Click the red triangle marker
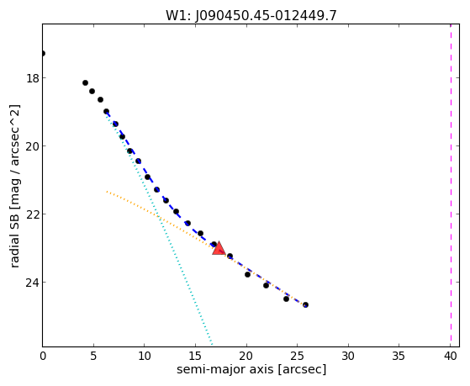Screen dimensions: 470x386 pyautogui.click(x=219, y=248)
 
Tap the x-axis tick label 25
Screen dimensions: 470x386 pyautogui.click(x=297, y=356)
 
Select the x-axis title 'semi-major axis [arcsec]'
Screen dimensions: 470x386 pyautogui.click(x=251, y=370)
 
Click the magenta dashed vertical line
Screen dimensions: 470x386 pyautogui.click(x=451, y=185)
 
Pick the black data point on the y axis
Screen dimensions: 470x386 pyautogui.click(x=43, y=53)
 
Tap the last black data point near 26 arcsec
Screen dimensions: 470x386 pyautogui.click(x=305, y=304)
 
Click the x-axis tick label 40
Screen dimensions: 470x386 pyautogui.click(x=450, y=356)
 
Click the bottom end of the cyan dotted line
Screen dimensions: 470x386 pyautogui.click(x=212, y=344)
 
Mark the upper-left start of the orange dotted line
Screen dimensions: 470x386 pyautogui.click(x=107, y=192)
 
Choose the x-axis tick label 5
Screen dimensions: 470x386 pyautogui.click(x=93, y=356)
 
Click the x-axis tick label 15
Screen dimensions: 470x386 pyautogui.click(x=195, y=356)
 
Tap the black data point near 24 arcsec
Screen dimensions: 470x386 pyautogui.click(x=286, y=299)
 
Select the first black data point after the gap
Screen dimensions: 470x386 pyautogui.click(x=85, y=82)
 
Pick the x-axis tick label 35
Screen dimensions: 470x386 pyautogui.click(x=399, y=356)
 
